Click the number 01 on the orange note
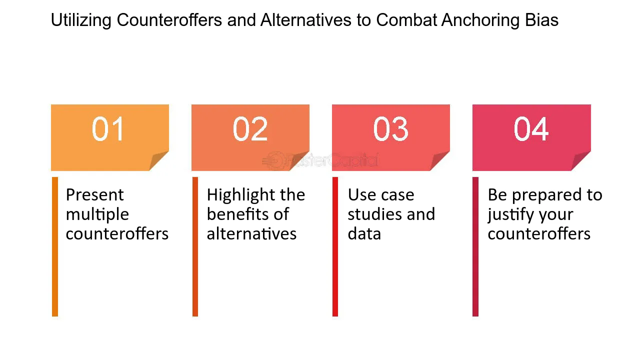point(107,129)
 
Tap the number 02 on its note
point(250,129)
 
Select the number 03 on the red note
point(391,129)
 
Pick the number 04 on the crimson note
point(531,129)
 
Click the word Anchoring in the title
point(480,20)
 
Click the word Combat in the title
point(406,20)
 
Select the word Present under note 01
point(94,195)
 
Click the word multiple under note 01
point(97,214)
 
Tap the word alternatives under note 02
point(251,233)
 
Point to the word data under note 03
point(364,233)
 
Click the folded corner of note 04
point(581,161)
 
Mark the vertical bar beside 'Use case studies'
point(335,246)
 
